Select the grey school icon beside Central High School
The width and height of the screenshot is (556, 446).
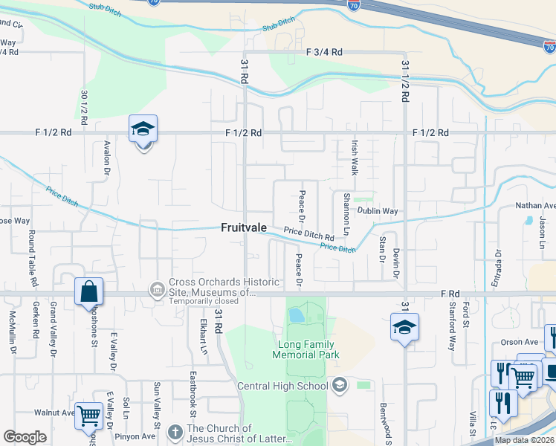340,385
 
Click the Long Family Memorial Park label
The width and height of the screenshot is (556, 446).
308,349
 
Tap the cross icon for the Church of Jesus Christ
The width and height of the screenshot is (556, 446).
175,432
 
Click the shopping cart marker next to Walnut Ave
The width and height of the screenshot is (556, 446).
89,414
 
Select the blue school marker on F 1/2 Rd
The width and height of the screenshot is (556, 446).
143,131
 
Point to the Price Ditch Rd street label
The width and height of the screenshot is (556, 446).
308,234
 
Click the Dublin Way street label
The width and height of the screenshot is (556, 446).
378,211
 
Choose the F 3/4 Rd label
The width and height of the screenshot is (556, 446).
324,52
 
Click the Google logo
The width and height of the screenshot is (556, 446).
25,437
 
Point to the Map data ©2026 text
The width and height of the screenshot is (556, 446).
524,440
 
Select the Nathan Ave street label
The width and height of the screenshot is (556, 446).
536,206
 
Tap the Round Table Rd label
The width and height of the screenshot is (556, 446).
33,259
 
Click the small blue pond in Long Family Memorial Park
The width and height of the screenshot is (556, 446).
297,314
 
